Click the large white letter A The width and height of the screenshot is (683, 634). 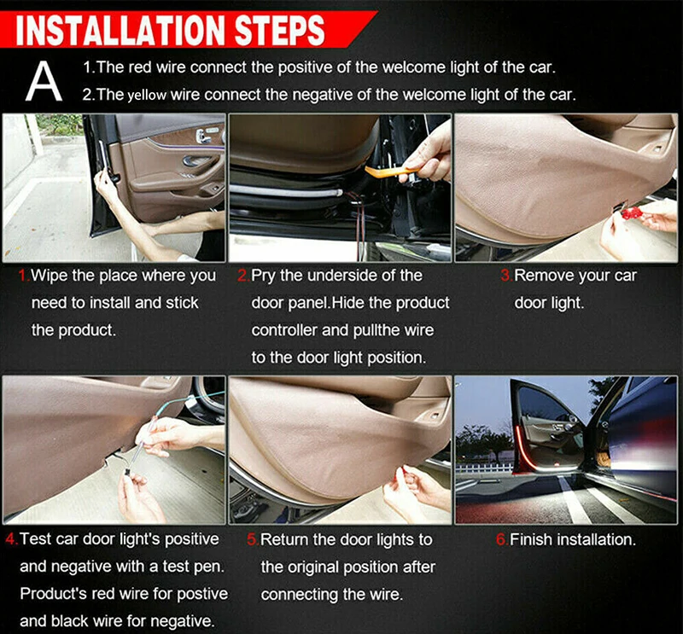coord(44,81)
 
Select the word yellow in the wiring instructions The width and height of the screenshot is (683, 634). coord(147,95)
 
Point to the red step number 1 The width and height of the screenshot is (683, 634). coord(24,276)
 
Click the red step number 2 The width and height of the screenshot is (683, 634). coord(243,276)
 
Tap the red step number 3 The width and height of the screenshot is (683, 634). coord(506,276)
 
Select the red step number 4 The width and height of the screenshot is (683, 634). coord(12,539)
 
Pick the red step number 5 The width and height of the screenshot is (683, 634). coord(253,539)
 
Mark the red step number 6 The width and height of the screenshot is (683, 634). coord(502,539)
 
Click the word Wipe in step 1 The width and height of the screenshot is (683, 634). coord(50,276)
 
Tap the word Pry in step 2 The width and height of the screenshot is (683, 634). coord(264,276)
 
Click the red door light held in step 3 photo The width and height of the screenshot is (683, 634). coord(632,213)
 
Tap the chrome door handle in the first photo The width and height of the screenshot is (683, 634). coord(202,137)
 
